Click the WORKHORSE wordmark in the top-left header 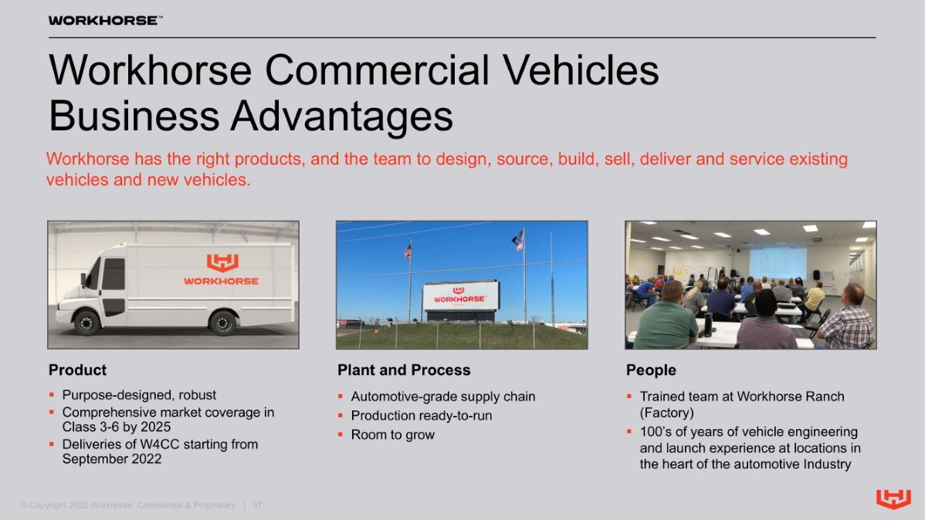tap(103, 21)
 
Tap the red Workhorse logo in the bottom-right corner tap(893, 498)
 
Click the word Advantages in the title tap(341, 116)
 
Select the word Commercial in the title tap(377, 70)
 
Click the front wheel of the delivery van tap(86, 323)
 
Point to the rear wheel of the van tap(223, 323)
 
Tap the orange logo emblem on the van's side tap(222, 262)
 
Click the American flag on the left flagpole tap(408, 252)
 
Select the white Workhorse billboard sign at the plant tap(461, 296)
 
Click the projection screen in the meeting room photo tap(778, 263)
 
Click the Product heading tap(77, 370)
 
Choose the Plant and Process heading tap(404, 370)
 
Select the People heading tap(651, 370)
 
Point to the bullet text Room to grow tap(393, 435)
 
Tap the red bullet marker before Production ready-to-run tap(341, 416)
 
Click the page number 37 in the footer tap(257, 505)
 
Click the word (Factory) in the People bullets tap(666, 413)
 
